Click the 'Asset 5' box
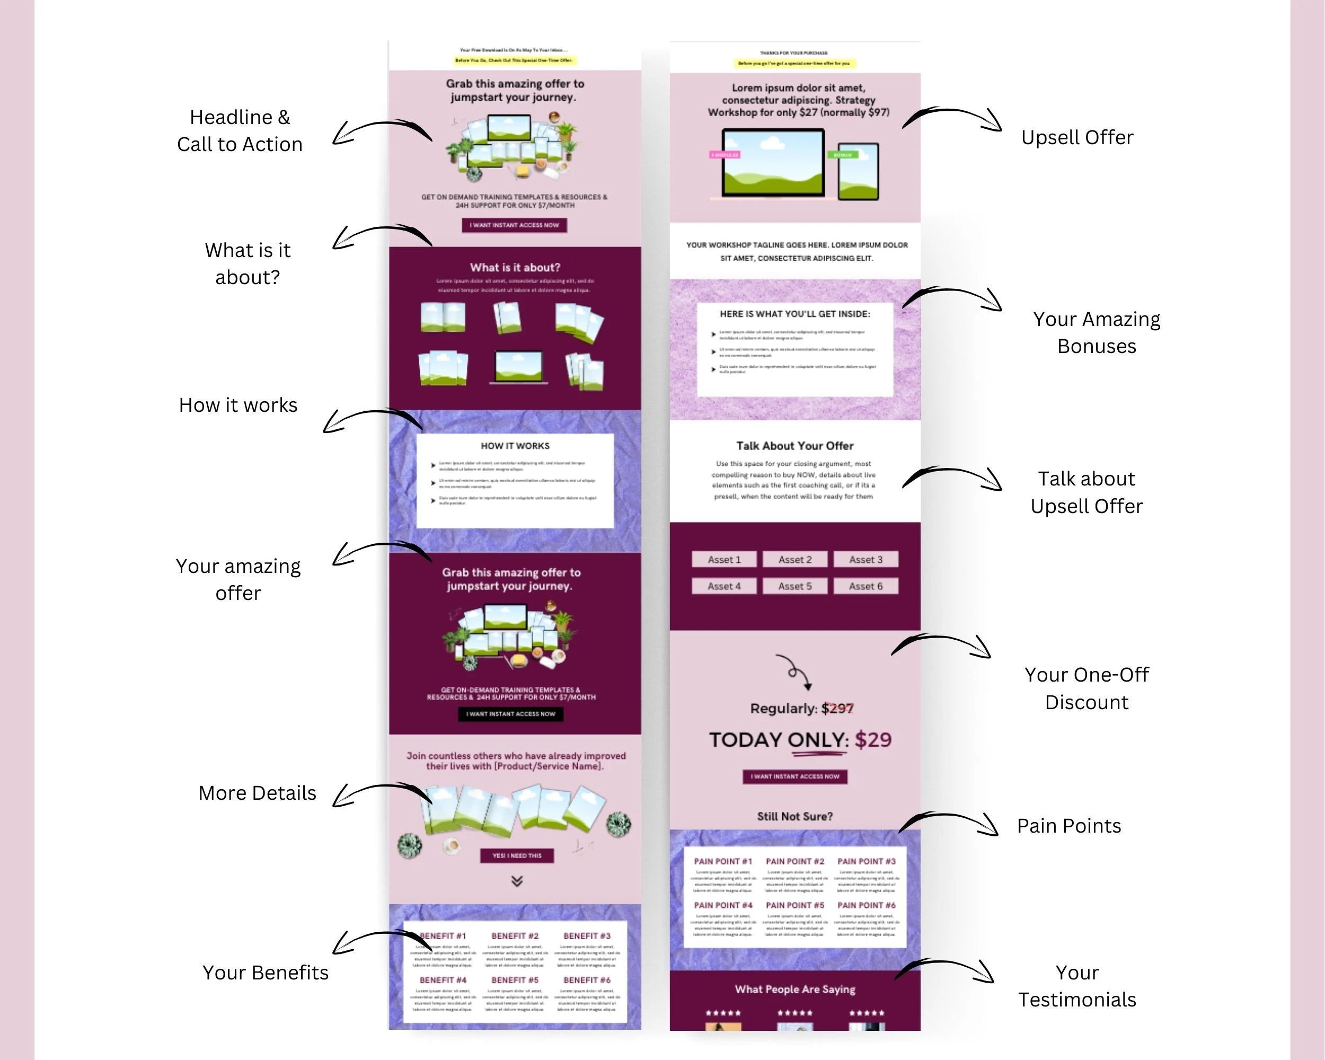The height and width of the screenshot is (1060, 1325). [794, 586]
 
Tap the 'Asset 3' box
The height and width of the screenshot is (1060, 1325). [865, 559]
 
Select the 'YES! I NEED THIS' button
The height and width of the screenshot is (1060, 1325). [516, 855]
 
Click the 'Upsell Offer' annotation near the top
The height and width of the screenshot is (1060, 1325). [1077, 137]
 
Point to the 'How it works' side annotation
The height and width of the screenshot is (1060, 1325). [238, 405]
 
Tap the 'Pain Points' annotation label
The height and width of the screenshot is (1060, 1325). [1068, 825]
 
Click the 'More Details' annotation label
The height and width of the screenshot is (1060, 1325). [257, 793]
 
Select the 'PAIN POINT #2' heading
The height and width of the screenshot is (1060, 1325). [794, 862]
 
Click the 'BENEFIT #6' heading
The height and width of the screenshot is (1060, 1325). [587, 980]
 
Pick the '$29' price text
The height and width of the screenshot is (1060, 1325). [873, 740]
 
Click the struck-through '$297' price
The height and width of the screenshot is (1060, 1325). [837, 709]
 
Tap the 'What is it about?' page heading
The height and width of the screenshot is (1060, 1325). [515, 267]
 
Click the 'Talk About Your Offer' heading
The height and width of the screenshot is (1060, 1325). [794, 446]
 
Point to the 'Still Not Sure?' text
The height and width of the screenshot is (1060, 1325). [794, 816]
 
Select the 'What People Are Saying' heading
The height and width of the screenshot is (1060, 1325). [794, 989]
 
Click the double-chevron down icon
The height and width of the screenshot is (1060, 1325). [517, 881]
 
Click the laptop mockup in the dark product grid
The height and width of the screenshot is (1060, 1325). [519, 367]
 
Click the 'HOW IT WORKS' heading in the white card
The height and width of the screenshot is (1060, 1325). [515, 446]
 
